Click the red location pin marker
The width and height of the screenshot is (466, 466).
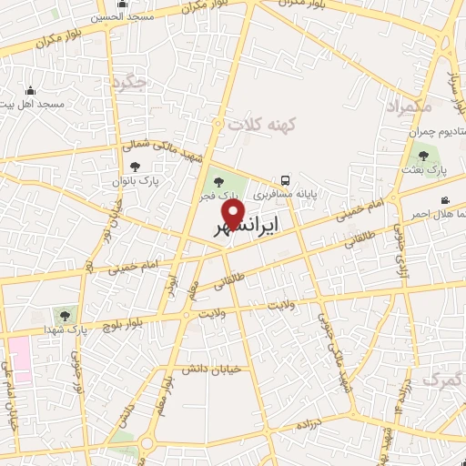[x=234, y=214]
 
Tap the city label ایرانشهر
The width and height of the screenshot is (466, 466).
[x=246, y=225]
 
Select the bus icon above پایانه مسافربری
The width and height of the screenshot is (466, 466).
[x=286, y=180]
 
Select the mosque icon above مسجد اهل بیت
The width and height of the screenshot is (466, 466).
[x=31, y=90]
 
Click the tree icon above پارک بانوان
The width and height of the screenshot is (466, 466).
[x=136, y=167]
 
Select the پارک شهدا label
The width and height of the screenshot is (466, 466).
[x=65, y=329]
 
